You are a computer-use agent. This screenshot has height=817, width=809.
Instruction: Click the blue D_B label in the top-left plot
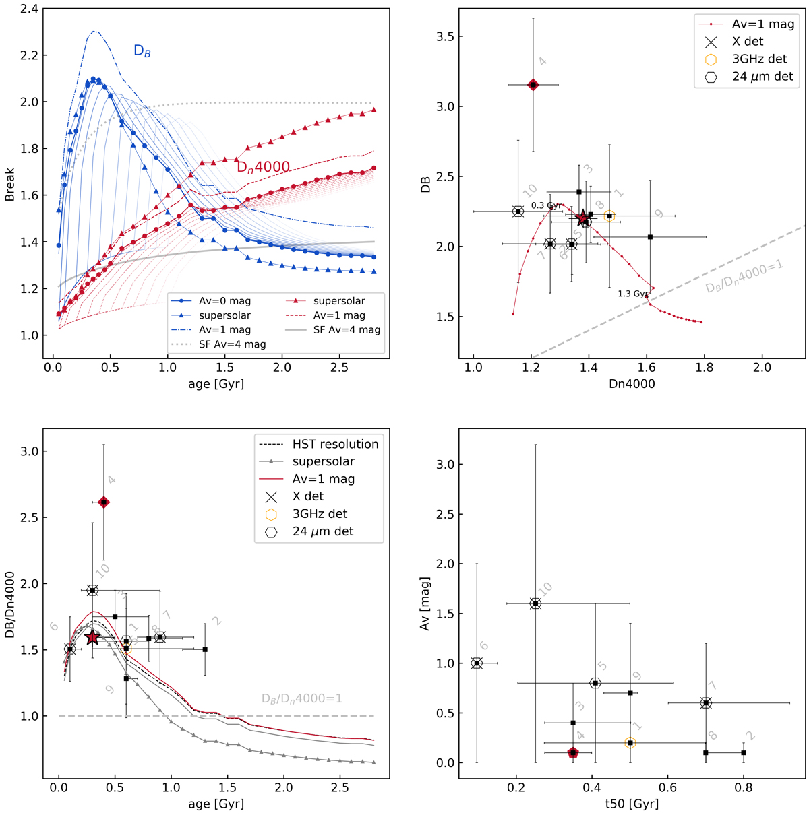click(142, 51)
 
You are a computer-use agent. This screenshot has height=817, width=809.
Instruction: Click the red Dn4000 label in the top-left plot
click(263, 167)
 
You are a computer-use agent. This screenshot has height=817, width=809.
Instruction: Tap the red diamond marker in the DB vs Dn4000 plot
click(533, 85)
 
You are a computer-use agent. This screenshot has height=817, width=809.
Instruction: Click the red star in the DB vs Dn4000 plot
click(584, 218)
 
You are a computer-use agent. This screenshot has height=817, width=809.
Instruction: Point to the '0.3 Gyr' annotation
click(546, 205)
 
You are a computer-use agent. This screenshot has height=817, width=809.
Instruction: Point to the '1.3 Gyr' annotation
click(633, 294)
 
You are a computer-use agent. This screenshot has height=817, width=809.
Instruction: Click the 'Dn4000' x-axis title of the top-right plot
click(632, 384)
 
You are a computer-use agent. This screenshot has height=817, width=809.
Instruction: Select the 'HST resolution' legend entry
click(335, 444)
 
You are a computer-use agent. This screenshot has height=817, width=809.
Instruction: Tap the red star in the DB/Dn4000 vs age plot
click(93, 637)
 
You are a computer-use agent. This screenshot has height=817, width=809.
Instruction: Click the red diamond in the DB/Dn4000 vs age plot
click(104, 502)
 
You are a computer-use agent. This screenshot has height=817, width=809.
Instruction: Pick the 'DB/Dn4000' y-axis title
click(11, 612)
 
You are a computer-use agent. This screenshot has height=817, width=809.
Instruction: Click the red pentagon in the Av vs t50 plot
click(573, 753)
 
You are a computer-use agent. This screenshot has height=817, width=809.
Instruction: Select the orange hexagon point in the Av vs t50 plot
click(630, 743)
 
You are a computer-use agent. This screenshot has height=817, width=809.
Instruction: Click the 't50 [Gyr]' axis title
click(632, 804)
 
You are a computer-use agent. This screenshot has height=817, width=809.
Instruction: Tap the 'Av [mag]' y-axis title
click(425, 603)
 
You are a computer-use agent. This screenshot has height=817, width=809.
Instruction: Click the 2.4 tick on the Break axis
click(30, 9)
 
